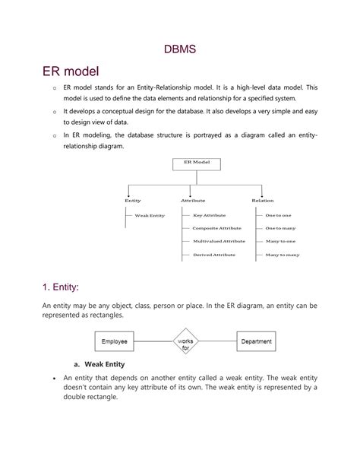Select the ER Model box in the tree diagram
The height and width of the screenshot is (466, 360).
[197, 163]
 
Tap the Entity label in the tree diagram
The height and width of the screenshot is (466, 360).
[133, 201]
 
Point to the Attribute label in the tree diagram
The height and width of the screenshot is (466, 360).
[193, 201]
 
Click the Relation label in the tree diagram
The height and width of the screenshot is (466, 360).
[262, 201]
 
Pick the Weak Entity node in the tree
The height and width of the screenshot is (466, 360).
[150, 216]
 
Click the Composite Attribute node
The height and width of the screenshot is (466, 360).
[216, 228]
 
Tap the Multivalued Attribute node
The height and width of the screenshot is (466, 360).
[219, 241]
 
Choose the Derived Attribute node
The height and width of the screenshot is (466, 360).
[213, 255]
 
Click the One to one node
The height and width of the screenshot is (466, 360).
[279, 216]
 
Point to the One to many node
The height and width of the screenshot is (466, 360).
[280, 228]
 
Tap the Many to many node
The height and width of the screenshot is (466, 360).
[282, 255]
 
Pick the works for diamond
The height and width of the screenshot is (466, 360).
[185, 343]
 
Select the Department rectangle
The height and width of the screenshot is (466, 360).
[256, 342]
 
